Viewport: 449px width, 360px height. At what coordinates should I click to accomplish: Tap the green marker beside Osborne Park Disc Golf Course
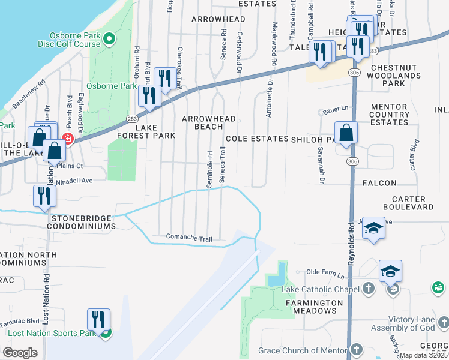coord(109,40)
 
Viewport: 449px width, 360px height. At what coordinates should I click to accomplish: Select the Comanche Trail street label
coord(189,239)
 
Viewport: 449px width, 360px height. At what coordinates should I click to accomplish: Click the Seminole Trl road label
coord(209,169)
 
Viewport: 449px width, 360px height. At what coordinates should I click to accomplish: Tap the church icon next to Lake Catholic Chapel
coord(369,290)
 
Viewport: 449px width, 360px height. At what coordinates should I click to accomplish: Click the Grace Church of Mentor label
coord(303,350)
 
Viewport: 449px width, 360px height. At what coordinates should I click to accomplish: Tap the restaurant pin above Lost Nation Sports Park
coord(98,319)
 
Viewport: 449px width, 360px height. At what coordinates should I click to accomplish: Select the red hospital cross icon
coord(67,139)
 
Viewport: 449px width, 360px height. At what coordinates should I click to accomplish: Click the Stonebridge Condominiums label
coord(83,223)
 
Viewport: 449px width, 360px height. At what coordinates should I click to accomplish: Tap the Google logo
coord(20,353)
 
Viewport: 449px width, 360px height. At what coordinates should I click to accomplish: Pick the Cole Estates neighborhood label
coord(256,139)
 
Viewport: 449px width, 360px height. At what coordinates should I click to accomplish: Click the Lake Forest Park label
coord(147,132)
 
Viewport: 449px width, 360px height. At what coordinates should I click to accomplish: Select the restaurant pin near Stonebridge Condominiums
coord(45,195)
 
